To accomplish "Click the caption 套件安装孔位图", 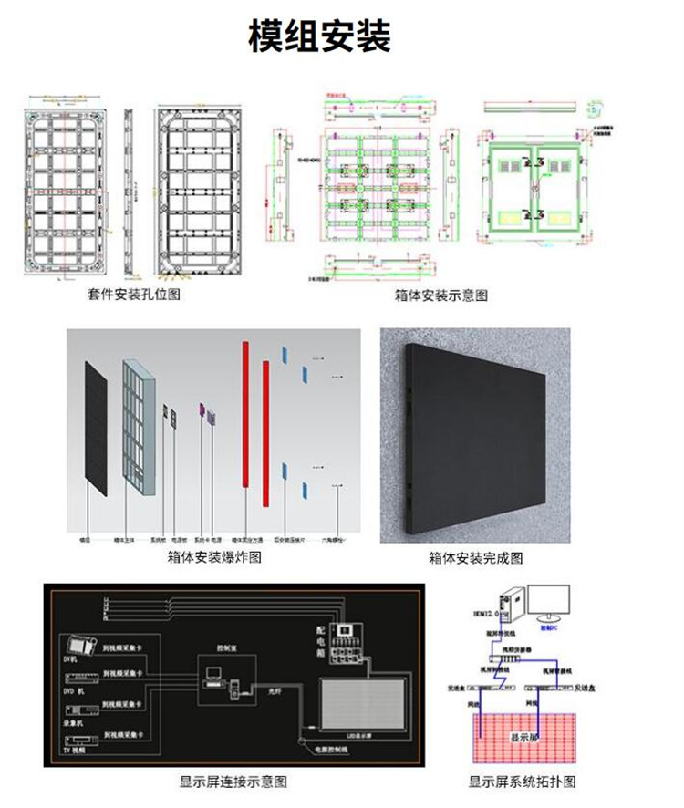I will coord(134,294).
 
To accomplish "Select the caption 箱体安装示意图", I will coord(441,295).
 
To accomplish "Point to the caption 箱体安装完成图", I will coord(475,557).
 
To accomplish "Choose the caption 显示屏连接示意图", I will coord(233,782).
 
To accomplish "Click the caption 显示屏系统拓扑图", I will coord(523,782).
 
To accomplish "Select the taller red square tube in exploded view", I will coord(245,415).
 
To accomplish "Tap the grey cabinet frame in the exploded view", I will coord(139,426).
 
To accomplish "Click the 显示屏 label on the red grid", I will coord(523,737).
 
